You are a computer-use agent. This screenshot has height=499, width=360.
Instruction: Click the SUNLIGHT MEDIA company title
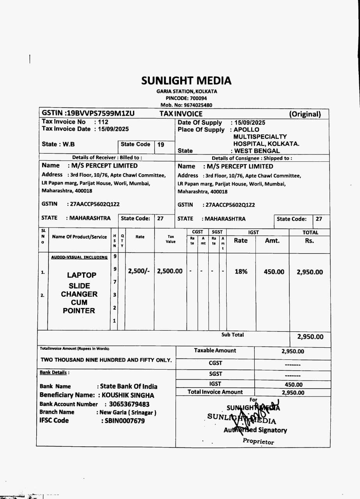point(186,81)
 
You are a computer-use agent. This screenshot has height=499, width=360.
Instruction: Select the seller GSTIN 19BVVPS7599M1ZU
point(100,113)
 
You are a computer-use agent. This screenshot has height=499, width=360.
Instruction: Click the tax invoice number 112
point(103,122)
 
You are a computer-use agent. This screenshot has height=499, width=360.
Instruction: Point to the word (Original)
point(305,114)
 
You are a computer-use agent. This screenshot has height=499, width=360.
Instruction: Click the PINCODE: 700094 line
point(186,98)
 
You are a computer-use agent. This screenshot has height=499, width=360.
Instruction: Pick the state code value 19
point(161,145)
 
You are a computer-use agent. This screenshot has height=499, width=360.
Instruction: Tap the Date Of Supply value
point(250,122)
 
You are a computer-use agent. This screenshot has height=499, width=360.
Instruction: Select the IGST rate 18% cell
point(241,272)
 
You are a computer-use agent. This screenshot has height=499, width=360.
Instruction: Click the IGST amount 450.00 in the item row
point(274,272)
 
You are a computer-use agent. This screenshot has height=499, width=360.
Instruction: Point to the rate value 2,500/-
point(138,271)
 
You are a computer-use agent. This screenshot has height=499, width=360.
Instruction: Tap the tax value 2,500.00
point(170,271)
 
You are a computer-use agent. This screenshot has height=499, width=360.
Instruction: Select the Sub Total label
point(232,335)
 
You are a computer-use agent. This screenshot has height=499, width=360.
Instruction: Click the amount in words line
point(106,360)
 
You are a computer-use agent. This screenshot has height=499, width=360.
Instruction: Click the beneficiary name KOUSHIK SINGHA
point(128,395)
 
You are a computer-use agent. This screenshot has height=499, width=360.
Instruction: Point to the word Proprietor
point(258,441)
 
